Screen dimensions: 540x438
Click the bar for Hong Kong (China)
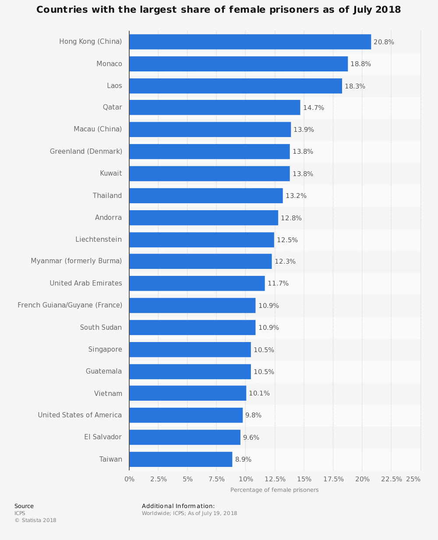coord(250,42)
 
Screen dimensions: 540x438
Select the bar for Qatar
coord(215,107)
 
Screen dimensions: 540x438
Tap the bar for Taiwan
coord(180,459)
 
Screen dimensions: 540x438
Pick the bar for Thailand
coord(206,196)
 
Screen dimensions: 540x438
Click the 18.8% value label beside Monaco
coord(360,64)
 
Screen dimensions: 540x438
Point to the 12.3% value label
coord(285,261)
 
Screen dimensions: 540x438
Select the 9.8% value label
coord(253,415)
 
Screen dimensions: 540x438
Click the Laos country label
coord(114,85)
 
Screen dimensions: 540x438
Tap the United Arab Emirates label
coord(86,283)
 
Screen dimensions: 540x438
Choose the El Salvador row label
coord(103,437)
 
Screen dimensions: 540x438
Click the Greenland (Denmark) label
coord(86,152)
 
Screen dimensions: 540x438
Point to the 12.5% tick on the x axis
coord(275,479)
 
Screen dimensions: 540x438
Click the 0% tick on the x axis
coord(130,479)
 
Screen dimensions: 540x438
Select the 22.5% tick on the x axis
coord(391,479)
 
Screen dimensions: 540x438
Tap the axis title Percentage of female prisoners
coord(275,490)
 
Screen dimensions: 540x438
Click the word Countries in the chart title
coord(59,10)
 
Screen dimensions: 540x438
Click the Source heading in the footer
coord(24,506)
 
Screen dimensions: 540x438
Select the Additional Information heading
coord(178,506)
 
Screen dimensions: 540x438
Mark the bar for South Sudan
coord(192,328)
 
